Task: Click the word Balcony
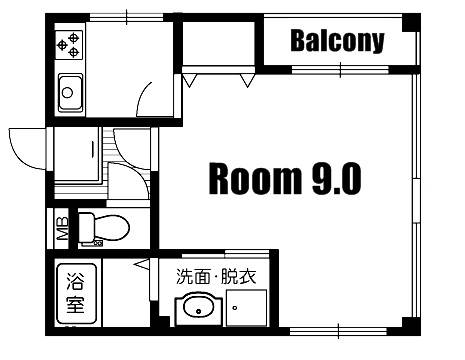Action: pyautogui.click(x=337, y=41)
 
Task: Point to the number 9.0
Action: pyautogui.click(x=337, y=179)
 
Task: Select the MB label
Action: pyautogui.click(x=63, y=229)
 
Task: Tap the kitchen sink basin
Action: pyautogui.click(x=70, y=92)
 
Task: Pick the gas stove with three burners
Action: pyautogui.click(x=69, y=45)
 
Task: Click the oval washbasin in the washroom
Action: pyautogui.click(x=198, y=308)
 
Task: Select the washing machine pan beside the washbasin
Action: pyautogui.click(x=246, y=308)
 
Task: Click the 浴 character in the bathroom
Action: pyautogui.click(x=75, y=281)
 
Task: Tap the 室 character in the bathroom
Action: pyautogui.click(x=75, y=304)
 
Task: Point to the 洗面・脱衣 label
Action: pyautogui.click(x=216, y=276)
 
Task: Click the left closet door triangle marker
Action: pyautogui.click(x=189, y=81)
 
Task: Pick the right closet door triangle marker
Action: pyautogui.click(x=247, y=81)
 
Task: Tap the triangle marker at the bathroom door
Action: pyautogui.click(x=142, y=264)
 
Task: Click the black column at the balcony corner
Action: pyautogui.click(x=411, y=23)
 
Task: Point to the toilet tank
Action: pyautogui.click(x=86, y=228)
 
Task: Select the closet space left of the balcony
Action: pyautogui.click(x=218, y=43)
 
